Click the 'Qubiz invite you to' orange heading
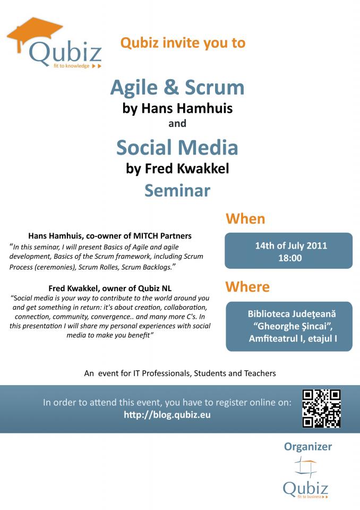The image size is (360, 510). click(183, 43)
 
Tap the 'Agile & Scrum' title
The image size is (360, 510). click(177, 88)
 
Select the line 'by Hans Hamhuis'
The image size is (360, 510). click(177, 108)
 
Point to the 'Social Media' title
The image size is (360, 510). click(177, 147)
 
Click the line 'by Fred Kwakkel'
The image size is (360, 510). click(177, 169)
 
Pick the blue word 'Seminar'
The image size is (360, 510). click(177, 191)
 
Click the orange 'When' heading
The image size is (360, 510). click(245, 218)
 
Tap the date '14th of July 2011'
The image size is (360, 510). click(291, 245)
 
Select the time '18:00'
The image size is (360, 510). click(290, 258)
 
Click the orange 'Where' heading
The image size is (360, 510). click(247, 287)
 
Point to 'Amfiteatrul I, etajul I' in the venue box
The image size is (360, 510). click(293, 338)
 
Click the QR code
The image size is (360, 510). click(321, 408)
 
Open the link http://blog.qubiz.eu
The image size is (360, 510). click(167, 415)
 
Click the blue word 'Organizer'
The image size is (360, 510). click(307, 447)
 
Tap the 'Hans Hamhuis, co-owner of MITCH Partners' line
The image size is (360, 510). click(110, 236)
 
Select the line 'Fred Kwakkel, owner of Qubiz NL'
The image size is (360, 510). click(110, 288)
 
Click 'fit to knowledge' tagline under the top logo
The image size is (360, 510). click(72, 66)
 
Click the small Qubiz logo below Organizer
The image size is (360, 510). click(305, 478)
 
